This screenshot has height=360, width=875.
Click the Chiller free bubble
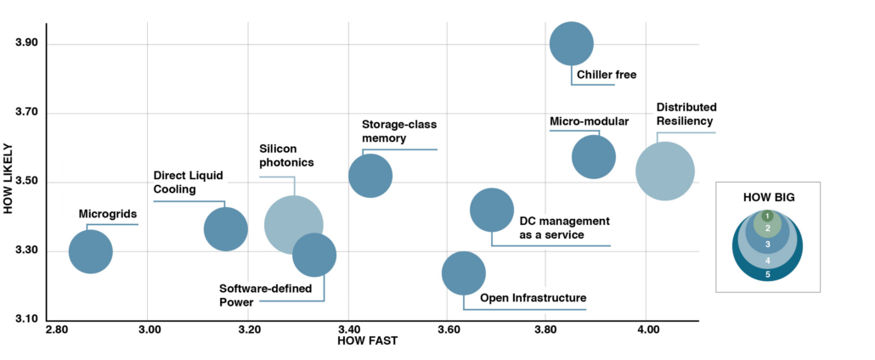(x=571, y=43)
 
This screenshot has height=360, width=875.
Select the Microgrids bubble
(x=90, y=252)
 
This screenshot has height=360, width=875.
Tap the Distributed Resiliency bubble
(x=665, y=172)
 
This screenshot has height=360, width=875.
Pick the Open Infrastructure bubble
(x=464, y=273)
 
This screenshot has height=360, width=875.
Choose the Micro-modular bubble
(x=593, y=156)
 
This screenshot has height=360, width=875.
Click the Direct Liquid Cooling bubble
(x=226, y=228)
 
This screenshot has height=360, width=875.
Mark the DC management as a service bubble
(x=492, y=210)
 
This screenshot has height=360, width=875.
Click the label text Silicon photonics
(x=286, y=155)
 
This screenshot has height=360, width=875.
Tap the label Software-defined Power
(x=265, y=295)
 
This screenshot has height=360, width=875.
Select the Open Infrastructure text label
(x=533, y=298)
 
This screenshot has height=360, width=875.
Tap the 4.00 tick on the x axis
(x=646, y=328)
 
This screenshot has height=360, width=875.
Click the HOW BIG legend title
(x=767, y=198)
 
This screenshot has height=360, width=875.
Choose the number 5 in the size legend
(x=767, y=274)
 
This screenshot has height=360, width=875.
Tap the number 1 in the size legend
(x=767, y=217)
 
